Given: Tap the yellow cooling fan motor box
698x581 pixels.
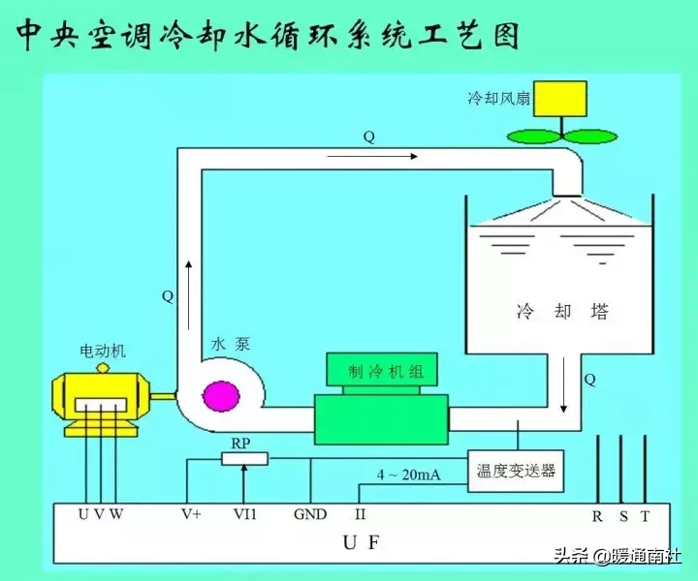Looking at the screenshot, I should tap(561, 100).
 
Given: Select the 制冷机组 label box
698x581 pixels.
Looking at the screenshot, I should tap(381, 370).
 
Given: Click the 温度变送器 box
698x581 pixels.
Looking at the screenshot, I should tap(516, 472).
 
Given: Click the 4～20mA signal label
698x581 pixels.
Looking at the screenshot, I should tap(408, 475).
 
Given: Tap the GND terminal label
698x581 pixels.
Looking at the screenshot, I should tap(310, 514).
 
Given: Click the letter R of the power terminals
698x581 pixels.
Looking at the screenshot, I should tap(597, 514).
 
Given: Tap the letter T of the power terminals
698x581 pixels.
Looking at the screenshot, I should tap(645, 514).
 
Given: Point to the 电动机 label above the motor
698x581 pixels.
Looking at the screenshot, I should tap(103, 351).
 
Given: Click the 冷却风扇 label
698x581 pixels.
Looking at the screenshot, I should tap(497, 98).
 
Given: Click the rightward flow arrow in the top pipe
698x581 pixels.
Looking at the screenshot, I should tap(373, 155).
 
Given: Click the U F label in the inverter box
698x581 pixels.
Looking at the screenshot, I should tap(360, 543).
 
